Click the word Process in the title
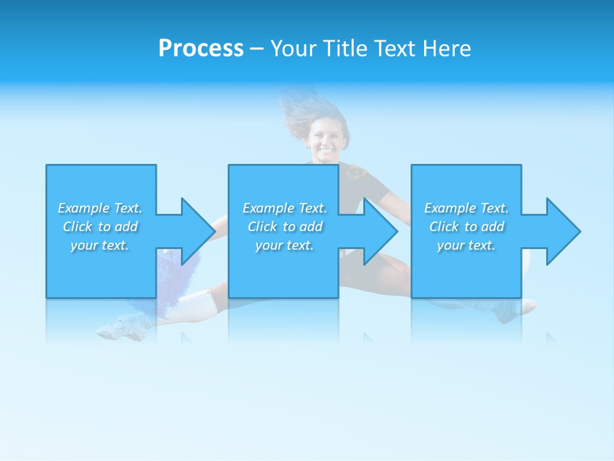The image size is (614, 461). tap(201, 49)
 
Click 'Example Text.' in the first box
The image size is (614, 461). tap(100, 208)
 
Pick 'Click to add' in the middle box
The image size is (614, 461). tap(285, 227)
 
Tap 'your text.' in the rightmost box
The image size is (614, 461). tap(466, 245)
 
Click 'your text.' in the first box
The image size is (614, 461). tap(100, 245)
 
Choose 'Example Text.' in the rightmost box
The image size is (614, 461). tap(466, 208)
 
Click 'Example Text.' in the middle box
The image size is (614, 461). tap(285, 208)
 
